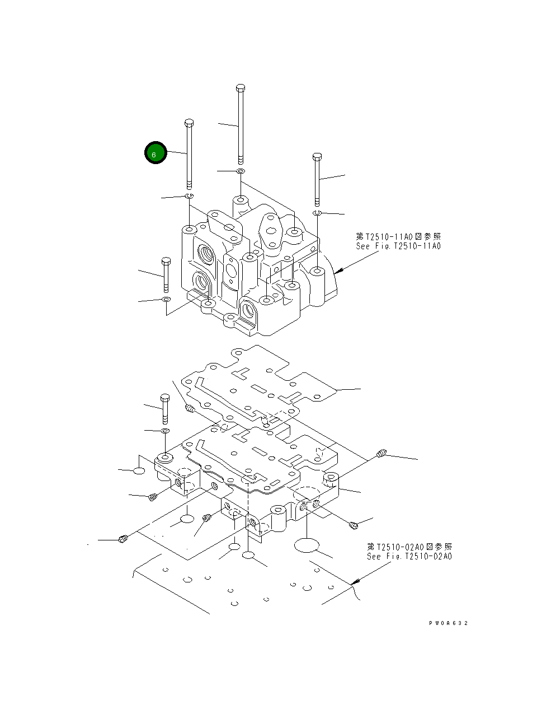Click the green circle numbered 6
click(156, 153)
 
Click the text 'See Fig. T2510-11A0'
click(398, 246)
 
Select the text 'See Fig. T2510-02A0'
click(409, 557)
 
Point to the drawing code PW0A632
click(448, 623)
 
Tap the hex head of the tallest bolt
click(241, 87)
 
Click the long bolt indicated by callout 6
click(189, 157)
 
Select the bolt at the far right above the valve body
click(317, 179)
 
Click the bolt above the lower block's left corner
click(164, 409)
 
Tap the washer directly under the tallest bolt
click(240, 170)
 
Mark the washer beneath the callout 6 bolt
click(189, 195)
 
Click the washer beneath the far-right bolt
click(317, 213)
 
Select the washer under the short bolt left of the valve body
click(166, 300)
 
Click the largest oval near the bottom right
click(305, 546)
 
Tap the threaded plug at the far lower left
click(124, 539)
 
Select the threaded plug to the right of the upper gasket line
click(382, 454)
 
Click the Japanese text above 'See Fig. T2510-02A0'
click(409, 547)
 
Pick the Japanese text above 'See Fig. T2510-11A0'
click(398, 237)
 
